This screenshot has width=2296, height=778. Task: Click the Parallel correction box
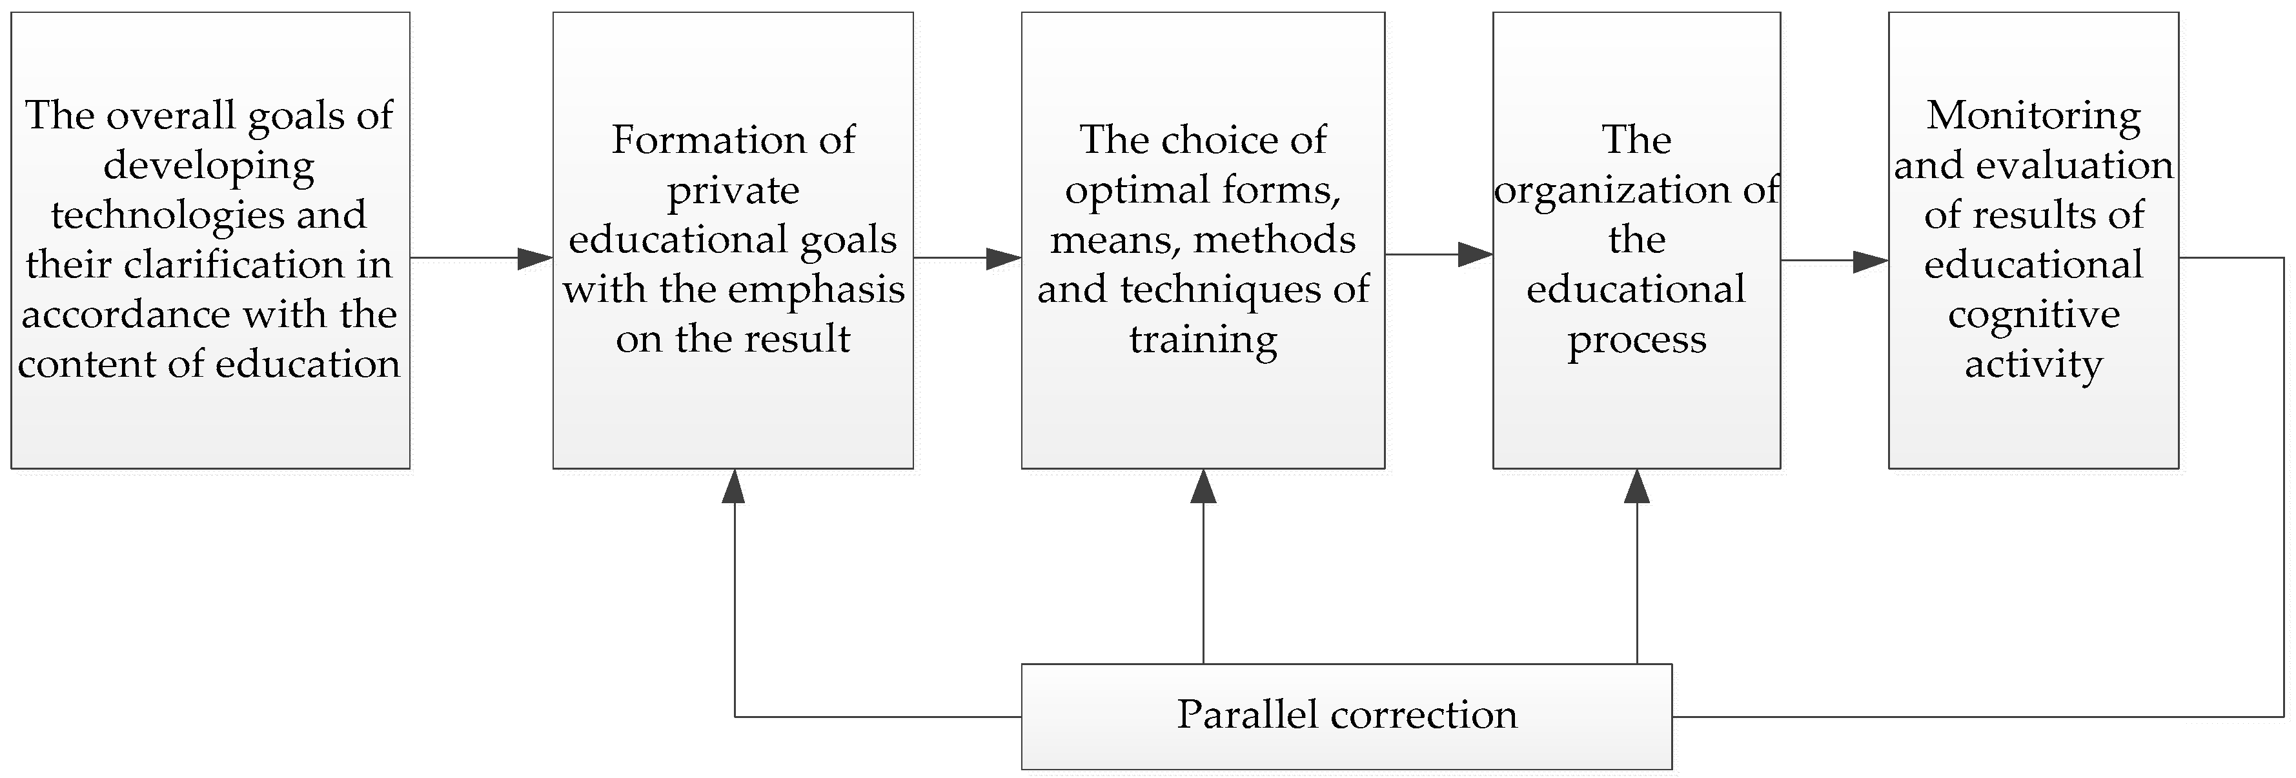tap(1346, 715)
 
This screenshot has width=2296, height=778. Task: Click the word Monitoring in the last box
tap(2033, 117)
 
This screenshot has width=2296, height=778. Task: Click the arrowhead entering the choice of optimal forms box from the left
tap(1004, 259)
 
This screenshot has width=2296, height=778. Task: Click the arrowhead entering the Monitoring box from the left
tap(1870, 261)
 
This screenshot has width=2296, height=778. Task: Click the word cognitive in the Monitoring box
tap(2033, 315)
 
